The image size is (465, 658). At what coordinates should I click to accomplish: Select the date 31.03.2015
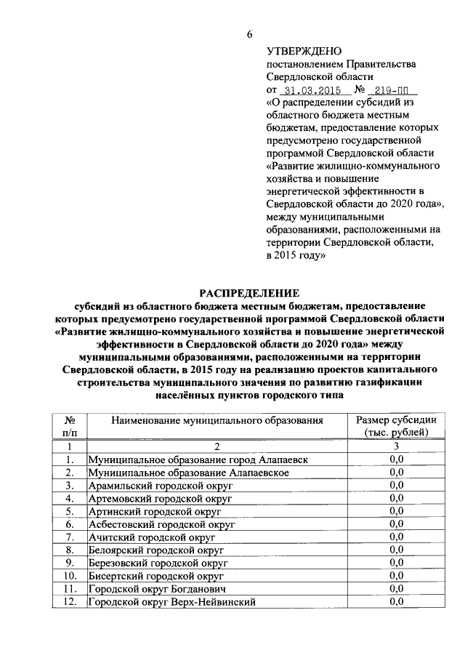click(x=310, y=90)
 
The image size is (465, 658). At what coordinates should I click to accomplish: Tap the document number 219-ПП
click(x=390, y=90)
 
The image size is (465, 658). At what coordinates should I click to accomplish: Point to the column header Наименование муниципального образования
click(x=216, y=421)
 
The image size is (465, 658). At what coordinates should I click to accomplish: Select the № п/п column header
click(x=70, y=427)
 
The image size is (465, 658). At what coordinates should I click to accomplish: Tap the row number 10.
click(x=70, y=576)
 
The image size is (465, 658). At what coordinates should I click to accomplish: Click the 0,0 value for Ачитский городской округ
click(x=396, y=537)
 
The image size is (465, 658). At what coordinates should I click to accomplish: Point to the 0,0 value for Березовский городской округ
click(x=396, y=563)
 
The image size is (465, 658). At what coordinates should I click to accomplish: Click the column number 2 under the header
click(x=216, y=446)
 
